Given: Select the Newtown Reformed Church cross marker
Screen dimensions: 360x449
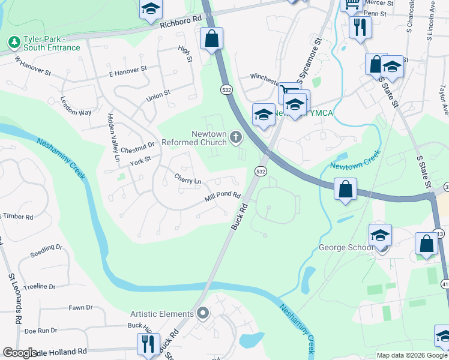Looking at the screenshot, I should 236,138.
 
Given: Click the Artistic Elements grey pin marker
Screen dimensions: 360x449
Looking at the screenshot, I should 203,313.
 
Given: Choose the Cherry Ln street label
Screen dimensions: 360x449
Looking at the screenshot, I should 188,179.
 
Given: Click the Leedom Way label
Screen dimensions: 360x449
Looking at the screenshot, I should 76,112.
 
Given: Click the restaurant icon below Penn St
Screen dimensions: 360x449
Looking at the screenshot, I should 360,27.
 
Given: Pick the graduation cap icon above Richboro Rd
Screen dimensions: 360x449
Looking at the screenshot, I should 151,9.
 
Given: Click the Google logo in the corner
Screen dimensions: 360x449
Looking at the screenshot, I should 20,352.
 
